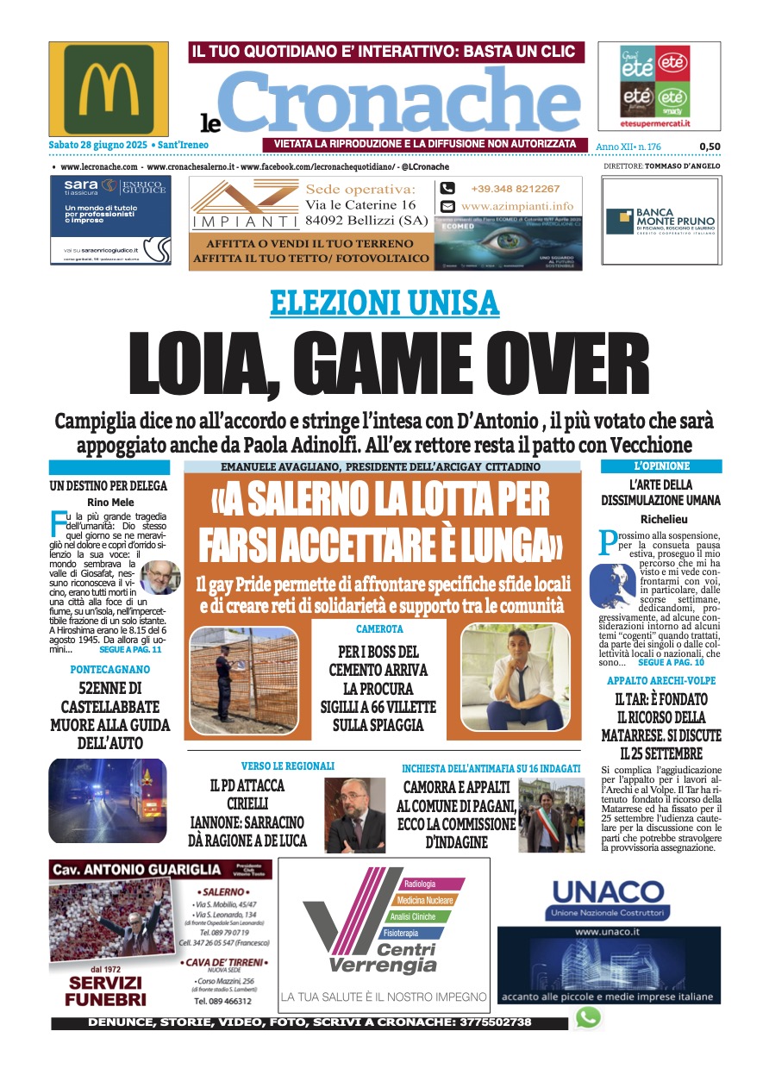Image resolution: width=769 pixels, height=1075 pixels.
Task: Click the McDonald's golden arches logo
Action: tap(108, 88)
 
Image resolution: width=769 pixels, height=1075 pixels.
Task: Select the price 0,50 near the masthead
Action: tap(710, 147)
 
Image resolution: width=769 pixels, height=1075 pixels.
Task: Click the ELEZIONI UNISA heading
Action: tap(384, 303)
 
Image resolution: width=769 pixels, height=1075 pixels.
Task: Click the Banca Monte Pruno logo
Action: tap(660, 222)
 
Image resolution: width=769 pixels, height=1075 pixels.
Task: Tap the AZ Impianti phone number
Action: tap(515, 189)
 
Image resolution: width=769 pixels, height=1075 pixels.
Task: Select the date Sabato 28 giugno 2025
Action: tap(102, 145)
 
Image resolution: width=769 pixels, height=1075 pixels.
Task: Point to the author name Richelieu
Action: tap(662, 519)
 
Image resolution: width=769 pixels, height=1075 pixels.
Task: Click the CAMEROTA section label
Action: tap(379, 629)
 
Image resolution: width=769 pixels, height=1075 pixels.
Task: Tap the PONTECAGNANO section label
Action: tap(109, 669)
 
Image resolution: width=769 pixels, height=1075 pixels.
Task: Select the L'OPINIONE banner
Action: tap(661, 466)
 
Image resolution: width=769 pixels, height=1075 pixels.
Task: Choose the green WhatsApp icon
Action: tap(588, 1017)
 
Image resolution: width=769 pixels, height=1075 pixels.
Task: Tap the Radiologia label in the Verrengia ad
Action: tap(422, 884)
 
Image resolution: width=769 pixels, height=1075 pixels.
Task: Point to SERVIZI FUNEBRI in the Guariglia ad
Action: tap(107, 991)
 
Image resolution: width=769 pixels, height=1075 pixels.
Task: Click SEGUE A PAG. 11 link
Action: tap(129, 650)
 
